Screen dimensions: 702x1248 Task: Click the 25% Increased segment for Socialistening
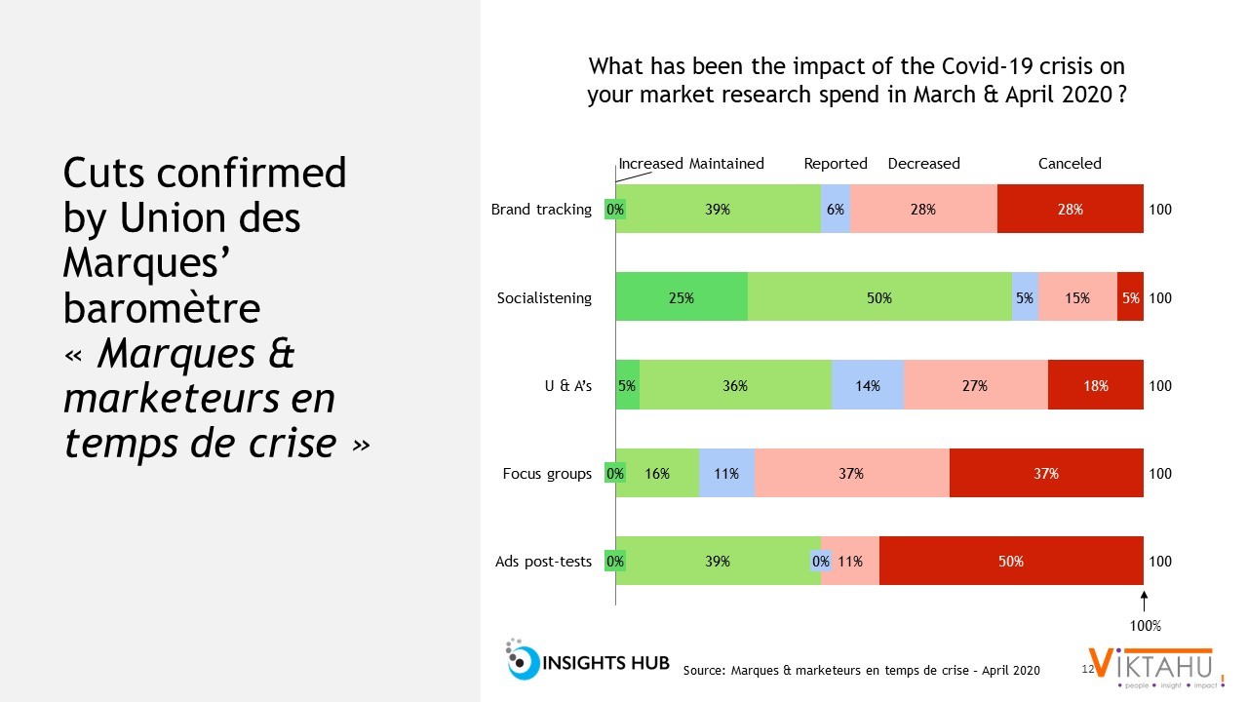(x=682, y=297)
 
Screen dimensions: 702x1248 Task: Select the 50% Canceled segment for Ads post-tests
(x=1011, y=561)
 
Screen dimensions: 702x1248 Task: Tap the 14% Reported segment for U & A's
(x=868, y=385)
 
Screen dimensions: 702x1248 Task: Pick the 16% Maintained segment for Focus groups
(x=657, y=473)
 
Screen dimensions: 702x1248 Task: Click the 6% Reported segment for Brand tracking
(x=836, y=209)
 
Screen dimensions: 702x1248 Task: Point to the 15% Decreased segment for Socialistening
(x=1077, y=297)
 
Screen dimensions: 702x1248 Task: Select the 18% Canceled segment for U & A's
(x=1096, y=385)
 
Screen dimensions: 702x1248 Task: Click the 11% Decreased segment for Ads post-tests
(x=850, y=561)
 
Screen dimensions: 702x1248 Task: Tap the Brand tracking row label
(x=541, y=209)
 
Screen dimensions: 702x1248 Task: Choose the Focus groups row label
(x=547, y=473)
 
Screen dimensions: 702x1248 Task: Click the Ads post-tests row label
(x=545, y=561)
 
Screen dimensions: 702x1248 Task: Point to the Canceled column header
(x=1070, y=164)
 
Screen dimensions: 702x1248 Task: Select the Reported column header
(x=836, y=164)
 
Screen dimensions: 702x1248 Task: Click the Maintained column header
(x=726, y=164)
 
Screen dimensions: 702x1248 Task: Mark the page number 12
(x=1088, y=670)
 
